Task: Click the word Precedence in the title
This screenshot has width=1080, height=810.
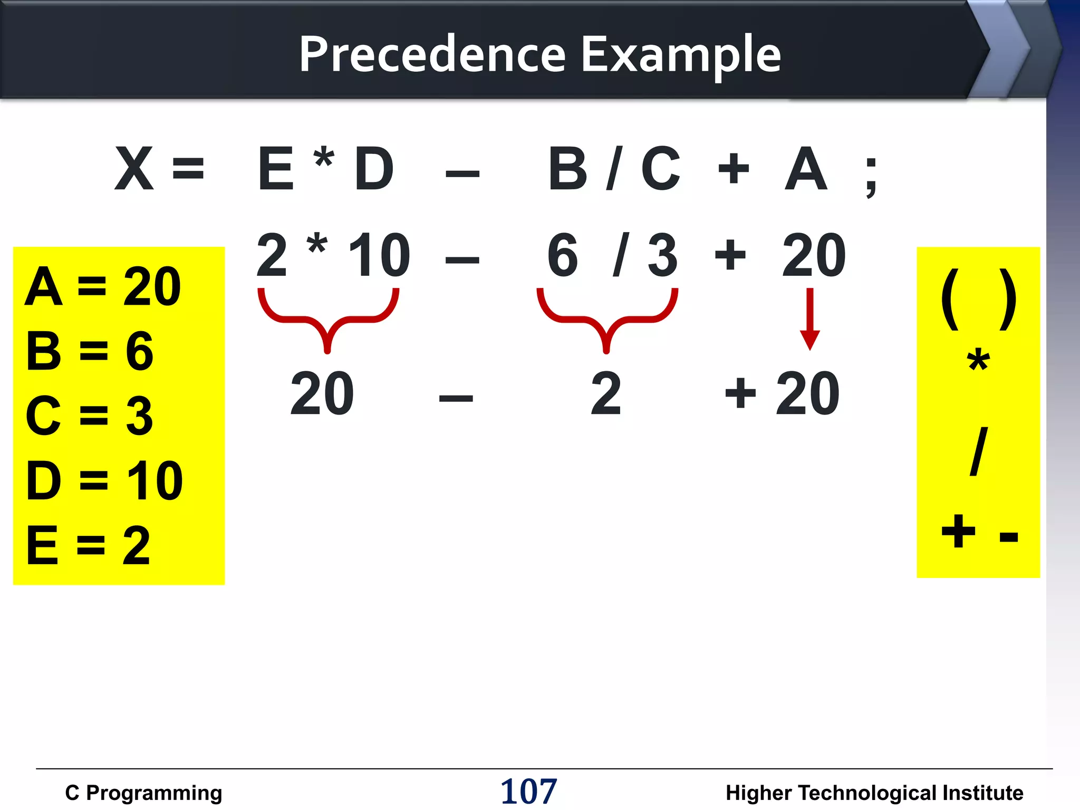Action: tap(432, 54)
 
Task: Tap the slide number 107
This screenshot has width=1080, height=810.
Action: tap(528, 791)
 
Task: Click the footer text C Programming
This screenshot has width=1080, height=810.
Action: tap(143, 793)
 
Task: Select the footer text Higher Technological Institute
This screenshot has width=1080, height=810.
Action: tap(874, 793)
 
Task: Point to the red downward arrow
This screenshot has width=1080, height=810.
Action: tap(809, 319)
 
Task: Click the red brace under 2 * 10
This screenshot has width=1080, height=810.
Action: tap(328, 319)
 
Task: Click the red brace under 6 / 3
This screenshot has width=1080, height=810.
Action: tap(607, 319)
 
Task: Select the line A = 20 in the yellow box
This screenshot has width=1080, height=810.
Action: tap(103, 287)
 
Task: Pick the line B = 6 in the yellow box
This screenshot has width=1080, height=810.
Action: tap(90, 351)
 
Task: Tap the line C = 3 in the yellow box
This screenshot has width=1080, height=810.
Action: tap(90, 416)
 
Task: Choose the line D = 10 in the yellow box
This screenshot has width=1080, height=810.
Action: tap(104, 480)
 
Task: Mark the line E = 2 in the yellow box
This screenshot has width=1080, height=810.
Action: tap(89, 546)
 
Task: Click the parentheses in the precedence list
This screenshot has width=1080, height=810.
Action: tap(979, 300)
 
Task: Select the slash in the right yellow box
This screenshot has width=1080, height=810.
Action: tap(978, 451)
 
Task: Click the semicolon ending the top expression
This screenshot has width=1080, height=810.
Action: tap(871, 177)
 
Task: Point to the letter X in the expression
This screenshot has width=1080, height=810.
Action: tap(134, 169)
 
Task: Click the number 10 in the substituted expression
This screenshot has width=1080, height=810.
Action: tap(379, 256)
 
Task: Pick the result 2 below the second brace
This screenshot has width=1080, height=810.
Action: tap(606, 393)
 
